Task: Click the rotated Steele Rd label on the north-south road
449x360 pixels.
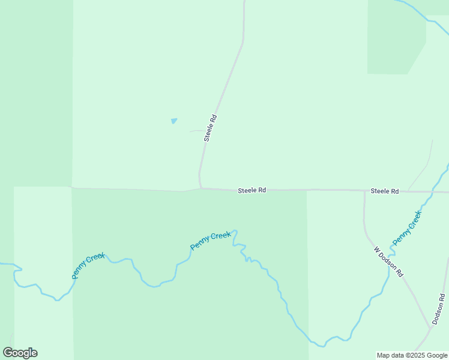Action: [210, 128]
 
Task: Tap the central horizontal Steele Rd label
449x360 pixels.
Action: [252, 190]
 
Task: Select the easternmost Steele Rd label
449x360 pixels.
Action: [384, 191]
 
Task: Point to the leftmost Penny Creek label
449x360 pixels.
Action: [88, 266]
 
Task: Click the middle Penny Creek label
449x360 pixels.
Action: [210, 241]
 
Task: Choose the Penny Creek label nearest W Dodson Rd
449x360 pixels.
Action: [408, 227]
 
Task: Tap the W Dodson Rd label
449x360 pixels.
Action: [388, 261]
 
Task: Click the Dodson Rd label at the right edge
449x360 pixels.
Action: [439, 308]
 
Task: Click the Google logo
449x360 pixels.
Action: [20, 353]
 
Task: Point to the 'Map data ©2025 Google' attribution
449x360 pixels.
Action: [412, 355]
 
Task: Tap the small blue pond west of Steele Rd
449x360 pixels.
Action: [174, 121]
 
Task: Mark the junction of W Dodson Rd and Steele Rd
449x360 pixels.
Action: [364, 191]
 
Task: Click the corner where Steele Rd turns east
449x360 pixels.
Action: [200, 188]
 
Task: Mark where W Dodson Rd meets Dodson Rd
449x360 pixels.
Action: [432, 326]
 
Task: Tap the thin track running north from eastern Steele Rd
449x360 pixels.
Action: [424, 168]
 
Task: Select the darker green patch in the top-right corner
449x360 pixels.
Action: [393, 39]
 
